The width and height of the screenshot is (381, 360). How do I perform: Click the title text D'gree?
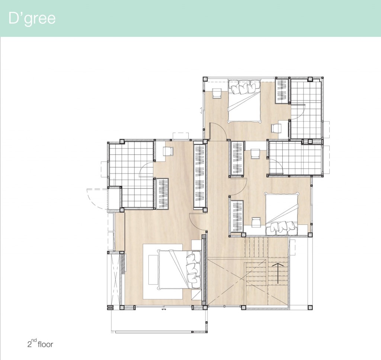tap(32, 18)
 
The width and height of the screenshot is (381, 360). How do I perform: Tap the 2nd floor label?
tap(40, 344)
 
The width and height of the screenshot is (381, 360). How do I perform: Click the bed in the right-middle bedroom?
tap(282, 213)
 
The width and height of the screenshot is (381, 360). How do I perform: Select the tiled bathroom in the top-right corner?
tap(306, 108)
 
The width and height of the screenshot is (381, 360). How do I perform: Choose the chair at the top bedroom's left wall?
tap(217, 93)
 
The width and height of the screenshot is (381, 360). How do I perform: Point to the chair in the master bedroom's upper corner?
tap(168, 151)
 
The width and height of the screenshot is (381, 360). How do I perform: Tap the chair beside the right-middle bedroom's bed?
tap(256, 222)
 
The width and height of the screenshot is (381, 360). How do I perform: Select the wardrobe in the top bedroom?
tap(282, 90)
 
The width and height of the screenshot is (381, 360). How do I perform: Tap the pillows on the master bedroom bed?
tap(193, 269)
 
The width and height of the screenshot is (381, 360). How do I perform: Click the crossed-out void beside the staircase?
tap(226, 282)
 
